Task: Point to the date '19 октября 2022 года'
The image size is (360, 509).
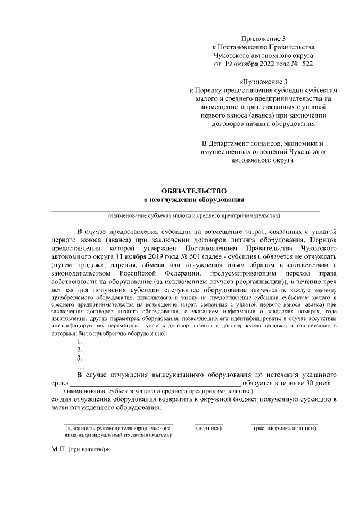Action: click(256, 64)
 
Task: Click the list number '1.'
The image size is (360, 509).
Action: click(80, 341)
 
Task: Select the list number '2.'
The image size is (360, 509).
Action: click(80, 349)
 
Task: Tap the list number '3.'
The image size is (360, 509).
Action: click(80, 358)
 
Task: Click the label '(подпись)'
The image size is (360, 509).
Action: click(209, 428)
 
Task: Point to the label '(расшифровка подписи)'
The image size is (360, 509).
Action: click(285, 428)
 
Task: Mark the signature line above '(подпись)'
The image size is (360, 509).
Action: click(209, 424)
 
